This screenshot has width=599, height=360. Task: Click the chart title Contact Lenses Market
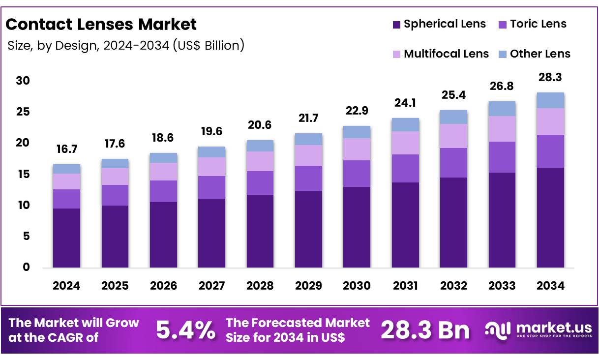coord(101,24)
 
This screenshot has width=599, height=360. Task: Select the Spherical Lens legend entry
coord(439,24)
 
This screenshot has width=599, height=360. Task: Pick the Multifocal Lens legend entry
coord(441,54)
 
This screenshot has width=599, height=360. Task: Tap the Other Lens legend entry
coord(534,54)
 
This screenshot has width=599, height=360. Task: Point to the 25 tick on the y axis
coord(23,112)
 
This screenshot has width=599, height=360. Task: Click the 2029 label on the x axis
coord(308,286)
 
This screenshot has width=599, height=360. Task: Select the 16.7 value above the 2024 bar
coord(66,149)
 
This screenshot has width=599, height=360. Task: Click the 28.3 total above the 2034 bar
coord(550,77)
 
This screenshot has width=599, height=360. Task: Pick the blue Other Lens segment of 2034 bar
coord(550,100)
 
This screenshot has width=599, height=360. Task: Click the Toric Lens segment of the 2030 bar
coord(357,173)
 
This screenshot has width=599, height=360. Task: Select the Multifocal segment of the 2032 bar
coord(453,136)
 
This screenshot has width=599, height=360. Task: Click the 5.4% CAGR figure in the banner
coord(185,330)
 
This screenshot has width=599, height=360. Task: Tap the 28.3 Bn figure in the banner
coord(425,330)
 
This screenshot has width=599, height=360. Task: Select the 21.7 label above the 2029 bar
coord(308,119)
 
